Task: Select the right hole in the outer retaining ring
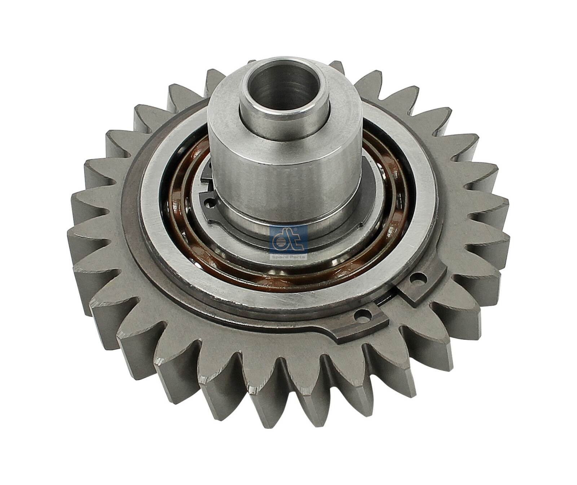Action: coord(420,278)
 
